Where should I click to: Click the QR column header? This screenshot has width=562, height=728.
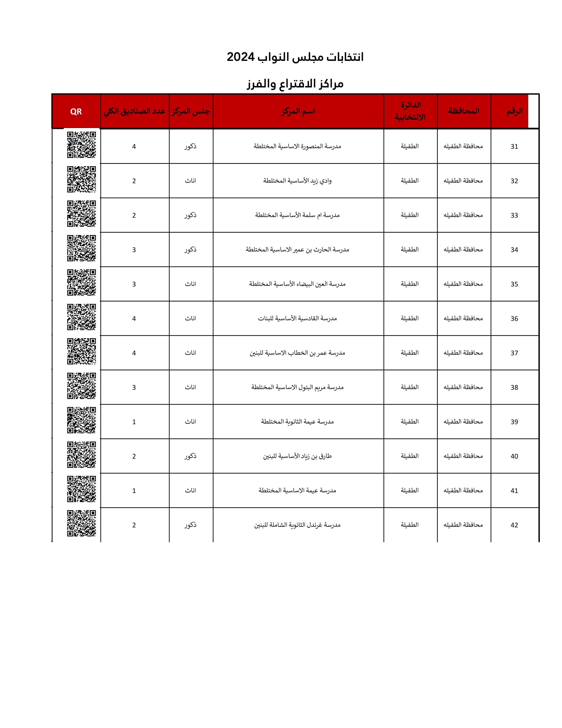tap(76, 112)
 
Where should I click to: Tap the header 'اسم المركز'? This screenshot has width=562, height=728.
tap(298, 111)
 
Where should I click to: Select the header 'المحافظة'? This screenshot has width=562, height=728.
tap(464, 111)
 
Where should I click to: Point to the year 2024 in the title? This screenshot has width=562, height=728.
tap(240, 57)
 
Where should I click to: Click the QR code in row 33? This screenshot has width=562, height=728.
tap(81, 214)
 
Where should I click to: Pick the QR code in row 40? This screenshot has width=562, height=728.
tap(81, 455)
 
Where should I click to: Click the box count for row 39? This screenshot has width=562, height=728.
tap(134, 422)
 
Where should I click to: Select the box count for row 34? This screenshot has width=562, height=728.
tap(134, 250)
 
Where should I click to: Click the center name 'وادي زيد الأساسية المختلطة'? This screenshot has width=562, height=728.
tap(297, 181)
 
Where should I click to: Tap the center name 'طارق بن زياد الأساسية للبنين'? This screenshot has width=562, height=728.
tap(297, 456)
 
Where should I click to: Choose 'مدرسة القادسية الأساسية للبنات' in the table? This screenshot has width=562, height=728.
tap(297, 318)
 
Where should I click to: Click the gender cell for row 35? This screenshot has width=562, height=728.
tap(190, 284)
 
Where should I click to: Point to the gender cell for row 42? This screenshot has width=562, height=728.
tap(190, 525)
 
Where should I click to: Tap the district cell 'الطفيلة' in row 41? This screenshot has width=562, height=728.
tap(409, 490)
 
